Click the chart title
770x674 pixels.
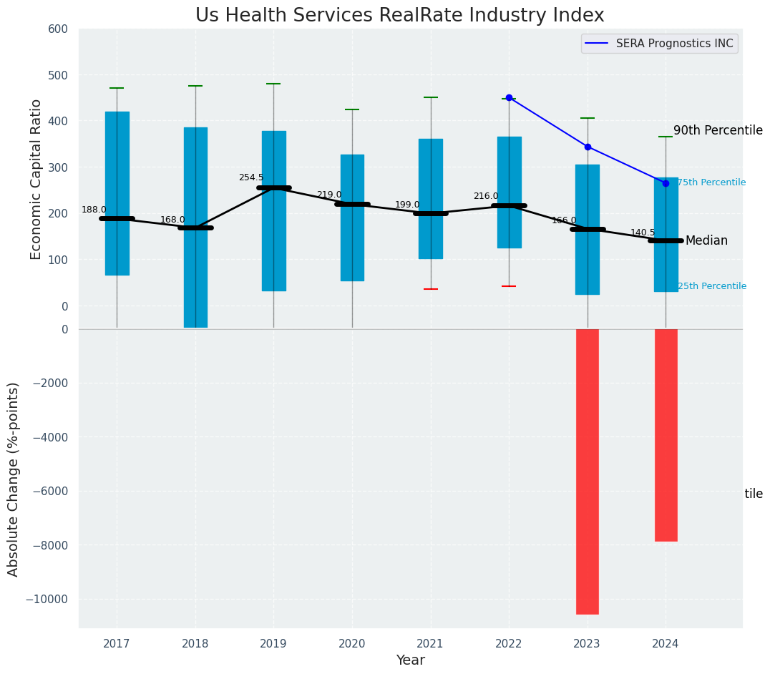tap(399, 16)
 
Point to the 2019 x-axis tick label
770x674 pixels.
tap(273, 644)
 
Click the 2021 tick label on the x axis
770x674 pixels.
tap(430, 644)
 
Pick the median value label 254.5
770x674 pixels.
tap(251, 177)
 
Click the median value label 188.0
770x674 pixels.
tap(94, 210)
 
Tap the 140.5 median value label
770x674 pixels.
tap(643, 233)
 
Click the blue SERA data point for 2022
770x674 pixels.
tap(509, 97)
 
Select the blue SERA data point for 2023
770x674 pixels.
tap(588, 147)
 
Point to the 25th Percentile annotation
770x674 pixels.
tap(711, 286)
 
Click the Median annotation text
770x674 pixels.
tap(706, 241)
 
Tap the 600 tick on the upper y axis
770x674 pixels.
tap(59, 29)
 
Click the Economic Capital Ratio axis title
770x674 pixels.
tap(36, 179)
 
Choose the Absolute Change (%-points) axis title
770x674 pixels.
tap(14, 479)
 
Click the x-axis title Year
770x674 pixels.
tap(410, 660)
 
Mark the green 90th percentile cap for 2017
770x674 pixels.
tap(117, 88)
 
